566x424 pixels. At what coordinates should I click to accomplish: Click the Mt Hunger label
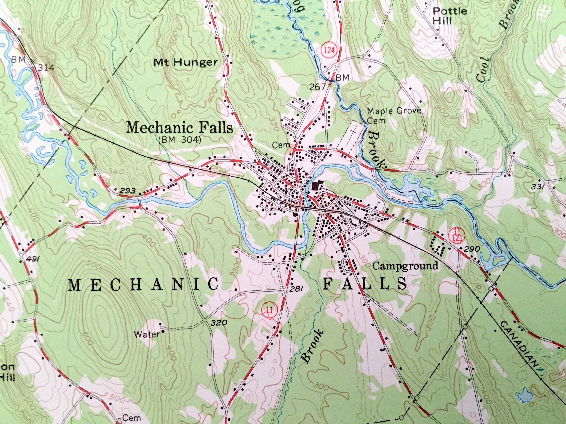pyautogui.click(x=186, y=62)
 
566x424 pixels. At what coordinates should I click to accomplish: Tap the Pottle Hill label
pyautogui.click(x=450, y=15)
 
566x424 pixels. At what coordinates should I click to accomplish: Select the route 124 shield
pyautogui.click(x=328, y=50)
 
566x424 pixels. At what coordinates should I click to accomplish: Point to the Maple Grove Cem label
pyautogui.click(x=394, y=115)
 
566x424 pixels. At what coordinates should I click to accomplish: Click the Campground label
pyautogui.click(x=405, y=266)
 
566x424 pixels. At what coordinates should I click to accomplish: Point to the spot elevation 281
pyautogui.click(x=297, y=289)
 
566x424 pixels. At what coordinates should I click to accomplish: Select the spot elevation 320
pyautogui.click(x=219, y=323)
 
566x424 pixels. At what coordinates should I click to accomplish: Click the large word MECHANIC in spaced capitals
pyautogui.click(x=143, y=285)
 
